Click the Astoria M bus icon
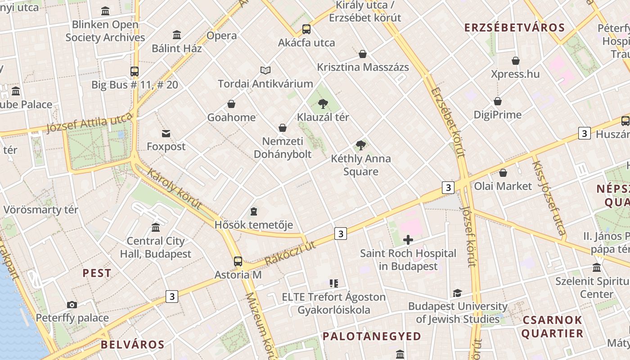coord(238,261)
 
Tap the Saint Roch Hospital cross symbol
coord(408,240)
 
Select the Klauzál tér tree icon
coord(323,104)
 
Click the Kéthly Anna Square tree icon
coord(360,145)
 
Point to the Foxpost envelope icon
coord(166,133)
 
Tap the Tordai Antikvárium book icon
coord(265,70)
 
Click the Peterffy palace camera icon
coord(72,305)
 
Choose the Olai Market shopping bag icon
coord(503,173)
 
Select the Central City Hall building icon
coord(156,227)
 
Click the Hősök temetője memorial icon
coord(254,211)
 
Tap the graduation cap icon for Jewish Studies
coord(458,293)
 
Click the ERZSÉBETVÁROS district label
coord(514,27)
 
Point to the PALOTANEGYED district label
coord(372,336)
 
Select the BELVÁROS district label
coord(132,345)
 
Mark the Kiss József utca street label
coord(548,198)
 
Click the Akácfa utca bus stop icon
coord(306,29)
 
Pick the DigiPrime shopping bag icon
coord(498,101)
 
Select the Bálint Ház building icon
coord(177,35)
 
